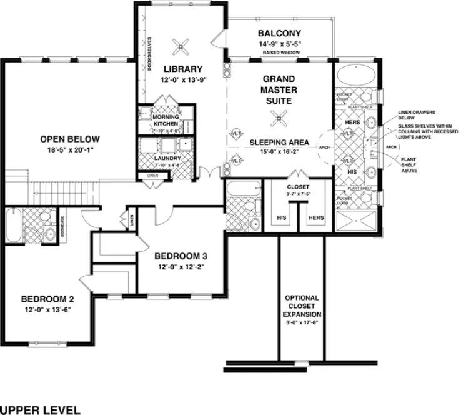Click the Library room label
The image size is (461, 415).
click(183, 69)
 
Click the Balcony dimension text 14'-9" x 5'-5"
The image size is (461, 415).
click(279, 44)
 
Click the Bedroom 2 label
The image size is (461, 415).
click(47, 298)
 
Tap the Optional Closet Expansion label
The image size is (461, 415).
click(301, 306)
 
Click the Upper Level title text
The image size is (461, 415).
click(40, 410)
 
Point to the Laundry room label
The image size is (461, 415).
click(166, 158)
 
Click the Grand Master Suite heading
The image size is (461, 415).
click(279, 89)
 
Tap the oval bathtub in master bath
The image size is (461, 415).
click(355, 78)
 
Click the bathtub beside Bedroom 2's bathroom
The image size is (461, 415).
click(13, 224)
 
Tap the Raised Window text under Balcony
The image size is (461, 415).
click(279, 53)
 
